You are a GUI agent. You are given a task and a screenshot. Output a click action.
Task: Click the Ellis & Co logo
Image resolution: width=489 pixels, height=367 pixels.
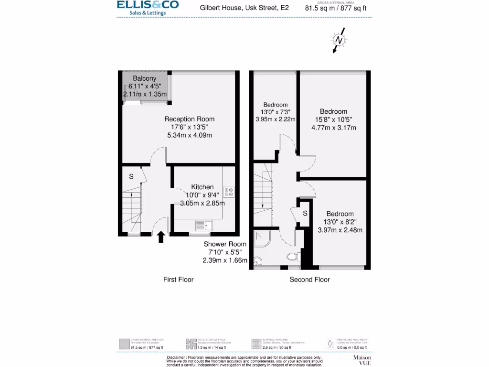coord(148,8)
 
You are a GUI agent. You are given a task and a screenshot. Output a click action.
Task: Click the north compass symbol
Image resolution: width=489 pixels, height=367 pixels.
coord(339,41)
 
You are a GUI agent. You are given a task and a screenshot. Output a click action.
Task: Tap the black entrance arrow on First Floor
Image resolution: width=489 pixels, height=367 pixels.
coord(161,237)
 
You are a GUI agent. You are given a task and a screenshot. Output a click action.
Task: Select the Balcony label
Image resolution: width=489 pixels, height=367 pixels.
coord(144,78)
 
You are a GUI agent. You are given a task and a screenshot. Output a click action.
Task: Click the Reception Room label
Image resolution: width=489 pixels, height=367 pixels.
coord(189,119)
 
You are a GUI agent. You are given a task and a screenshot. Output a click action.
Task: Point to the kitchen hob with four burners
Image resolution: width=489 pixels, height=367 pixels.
coord(229,191)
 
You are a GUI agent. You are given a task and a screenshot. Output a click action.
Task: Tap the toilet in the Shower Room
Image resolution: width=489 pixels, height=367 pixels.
coord(292,257)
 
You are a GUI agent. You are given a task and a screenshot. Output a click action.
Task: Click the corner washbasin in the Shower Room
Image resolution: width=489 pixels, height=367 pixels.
coord(258,261)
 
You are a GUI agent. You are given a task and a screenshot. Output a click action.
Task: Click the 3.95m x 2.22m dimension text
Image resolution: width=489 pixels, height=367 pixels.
coord(276,119)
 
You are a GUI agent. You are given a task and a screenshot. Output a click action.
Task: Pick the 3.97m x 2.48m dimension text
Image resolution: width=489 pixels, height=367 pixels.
coord(340,230)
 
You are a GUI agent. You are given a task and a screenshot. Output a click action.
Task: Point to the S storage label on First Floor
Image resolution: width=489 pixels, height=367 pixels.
coord(131,176)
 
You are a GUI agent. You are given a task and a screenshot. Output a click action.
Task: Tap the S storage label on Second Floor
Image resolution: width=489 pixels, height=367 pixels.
coord(305,212)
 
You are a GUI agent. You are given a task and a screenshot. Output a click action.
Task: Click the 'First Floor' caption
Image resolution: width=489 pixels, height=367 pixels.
coord(178,280)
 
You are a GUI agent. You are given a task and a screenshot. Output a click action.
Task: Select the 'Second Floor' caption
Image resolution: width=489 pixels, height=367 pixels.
coord(309,280)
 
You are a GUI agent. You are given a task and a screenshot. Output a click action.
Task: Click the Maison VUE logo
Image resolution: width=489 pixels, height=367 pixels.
coord(361,359)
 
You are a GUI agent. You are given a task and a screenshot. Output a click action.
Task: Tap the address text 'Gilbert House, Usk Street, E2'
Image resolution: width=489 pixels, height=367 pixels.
coord(244,8)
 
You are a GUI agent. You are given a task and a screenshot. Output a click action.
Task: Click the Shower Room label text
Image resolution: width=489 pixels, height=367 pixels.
coord(224,244)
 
